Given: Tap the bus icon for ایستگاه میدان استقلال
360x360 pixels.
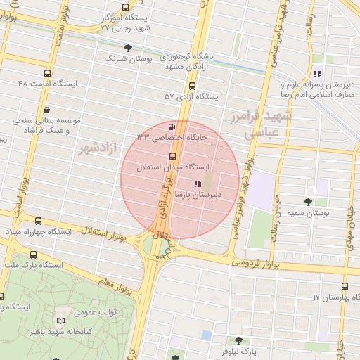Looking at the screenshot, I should (x=173, y=157).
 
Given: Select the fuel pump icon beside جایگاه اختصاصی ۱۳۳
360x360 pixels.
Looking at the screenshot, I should (x=172, y=125).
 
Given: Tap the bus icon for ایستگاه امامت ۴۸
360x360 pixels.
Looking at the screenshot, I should (x=48, y=73).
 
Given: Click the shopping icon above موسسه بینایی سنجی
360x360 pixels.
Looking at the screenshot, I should (x=46, y=110).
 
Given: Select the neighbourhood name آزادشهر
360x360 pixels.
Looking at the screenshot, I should (x=96, y=147).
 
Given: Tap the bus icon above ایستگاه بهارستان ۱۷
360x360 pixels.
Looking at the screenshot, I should (x=345, y=286).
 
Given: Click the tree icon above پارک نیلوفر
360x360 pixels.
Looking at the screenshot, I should (x=246, y=340).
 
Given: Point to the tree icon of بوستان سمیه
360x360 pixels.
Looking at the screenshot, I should (x=322, y=201).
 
